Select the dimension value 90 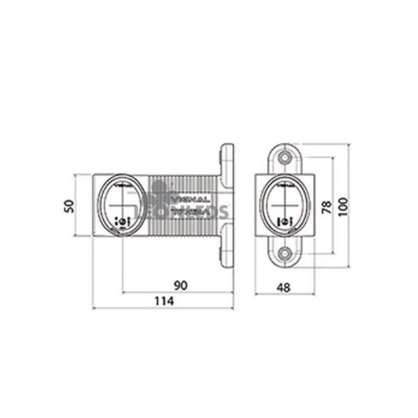point(179,285)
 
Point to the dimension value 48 point(284,285)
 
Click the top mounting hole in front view point(284,158)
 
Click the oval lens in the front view point(284,205)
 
